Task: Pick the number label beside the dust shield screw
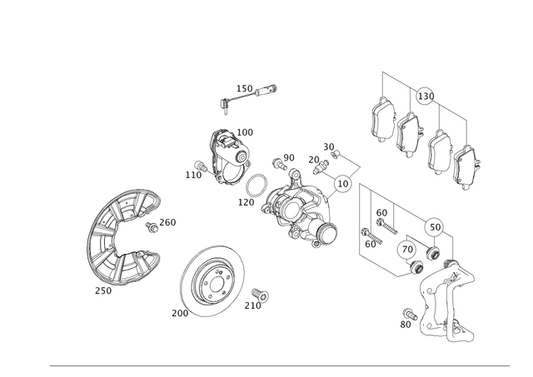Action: (x=169, y=221)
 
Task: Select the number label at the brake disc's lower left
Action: (x=177, y=313)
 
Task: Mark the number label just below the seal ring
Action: (x=244, y=201)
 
